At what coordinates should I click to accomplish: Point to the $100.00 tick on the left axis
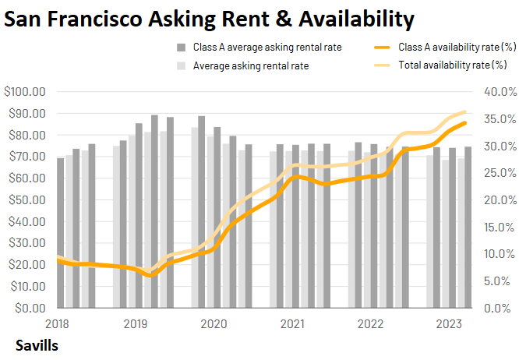26,92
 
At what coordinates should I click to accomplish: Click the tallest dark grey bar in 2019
154,211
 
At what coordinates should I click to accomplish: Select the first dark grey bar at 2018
61,232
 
